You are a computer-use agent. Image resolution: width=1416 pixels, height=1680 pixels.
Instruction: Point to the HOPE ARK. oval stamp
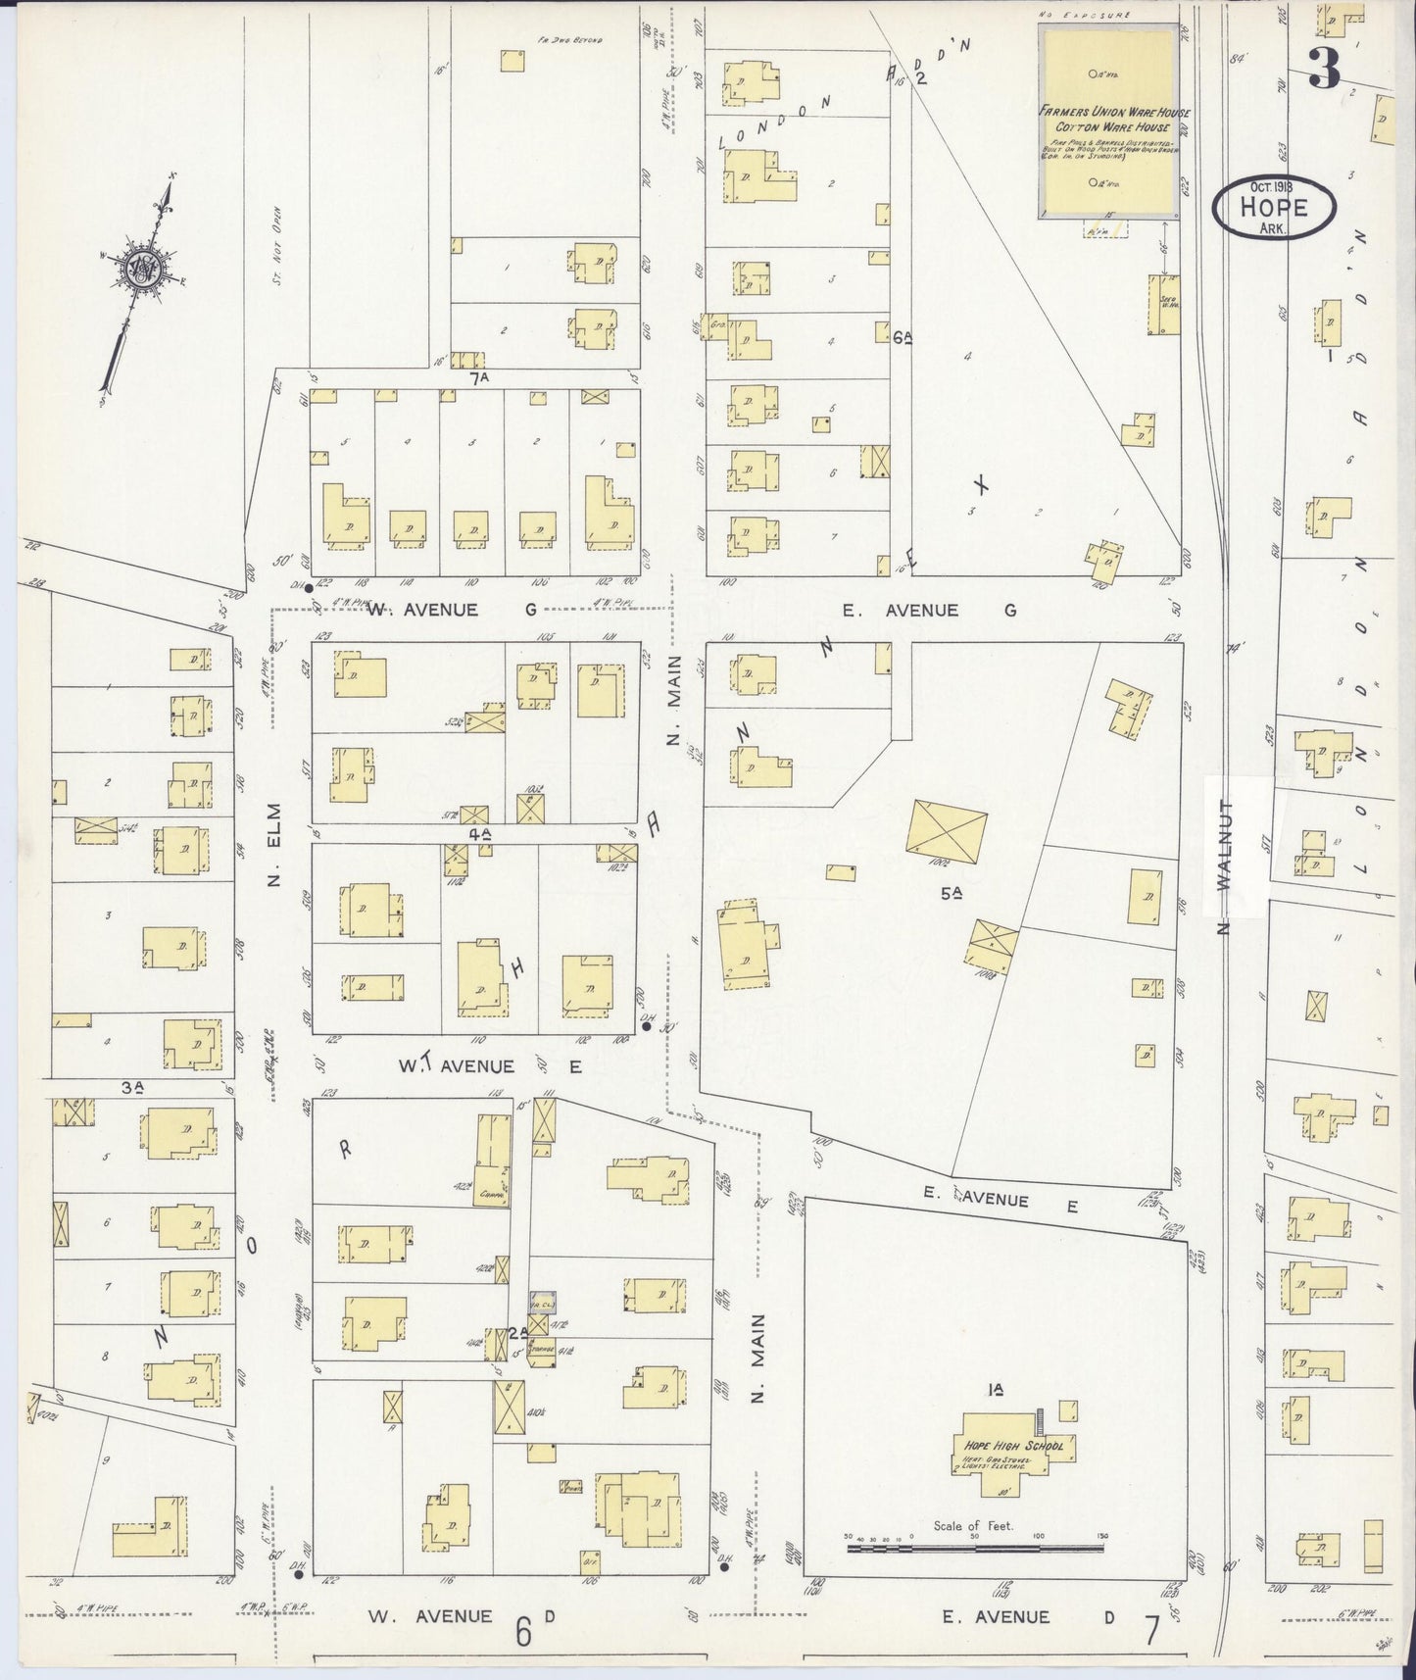pos(1273,207)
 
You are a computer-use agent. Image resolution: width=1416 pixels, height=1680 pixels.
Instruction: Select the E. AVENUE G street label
pos(930,610)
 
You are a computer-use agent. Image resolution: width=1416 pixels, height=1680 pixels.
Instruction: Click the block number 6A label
pos(903,337)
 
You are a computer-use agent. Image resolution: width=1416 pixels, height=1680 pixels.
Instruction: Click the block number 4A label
pos(479,834)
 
